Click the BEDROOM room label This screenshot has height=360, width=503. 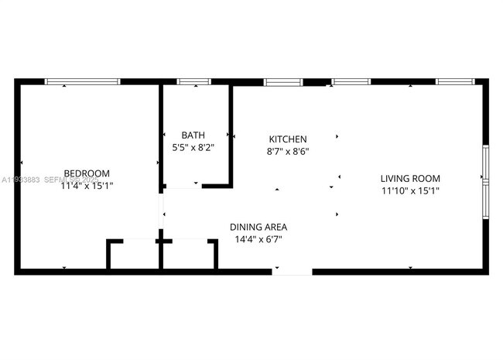click(87, 173)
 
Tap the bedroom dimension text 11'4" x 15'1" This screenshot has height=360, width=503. click(87, 185)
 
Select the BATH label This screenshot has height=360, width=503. click(193, 135)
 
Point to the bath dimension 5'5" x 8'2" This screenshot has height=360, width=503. click(193, 146)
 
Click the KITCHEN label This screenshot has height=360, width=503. click(288, 139)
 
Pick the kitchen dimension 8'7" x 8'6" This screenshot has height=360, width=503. click(288, 152)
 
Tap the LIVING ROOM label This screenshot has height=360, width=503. click(410, 178)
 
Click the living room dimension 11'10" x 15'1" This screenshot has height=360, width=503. click(410, 190)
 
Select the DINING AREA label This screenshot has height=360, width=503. click(258, 227)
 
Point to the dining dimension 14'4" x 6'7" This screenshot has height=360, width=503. click(258, 239)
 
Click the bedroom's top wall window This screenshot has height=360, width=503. click(82, 81)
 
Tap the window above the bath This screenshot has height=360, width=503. click(193, 81)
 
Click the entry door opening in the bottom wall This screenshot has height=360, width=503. click(292, 271)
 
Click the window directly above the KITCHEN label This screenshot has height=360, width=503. click(283, 81)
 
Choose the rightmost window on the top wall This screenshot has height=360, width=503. click(454, 81)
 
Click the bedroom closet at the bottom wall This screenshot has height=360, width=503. click(133, 254)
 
